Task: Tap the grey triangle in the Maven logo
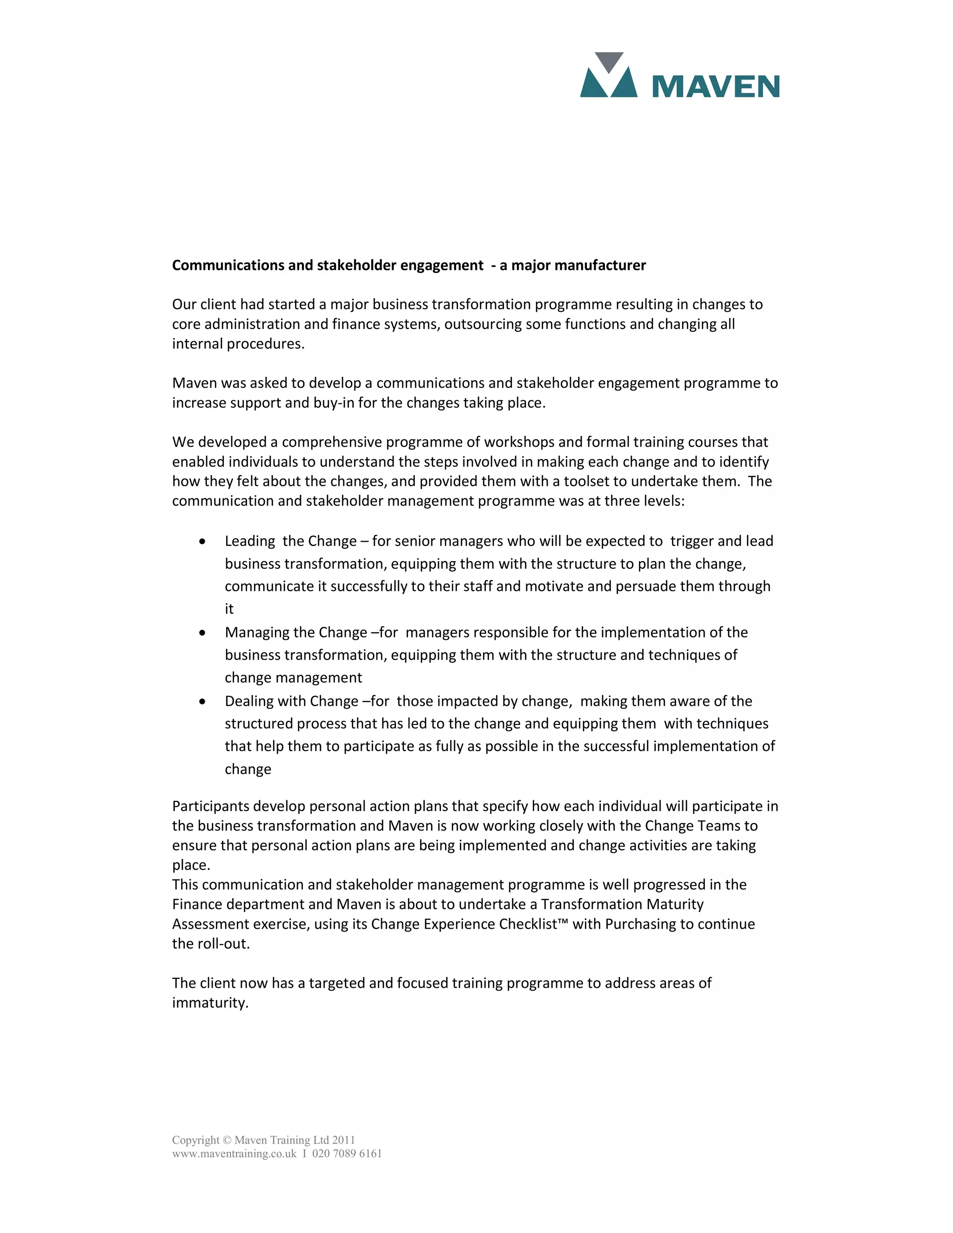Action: click(x=609, y=61)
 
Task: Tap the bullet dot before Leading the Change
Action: click(x=202, y=542)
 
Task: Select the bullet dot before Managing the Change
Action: click(x=202, y=633)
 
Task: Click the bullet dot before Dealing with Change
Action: click(x=202, y=702)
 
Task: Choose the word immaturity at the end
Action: click(x=209, y=1003)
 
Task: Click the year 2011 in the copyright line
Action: click(x=343, y=1140)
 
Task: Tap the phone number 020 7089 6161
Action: click(x=347, y=1153)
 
